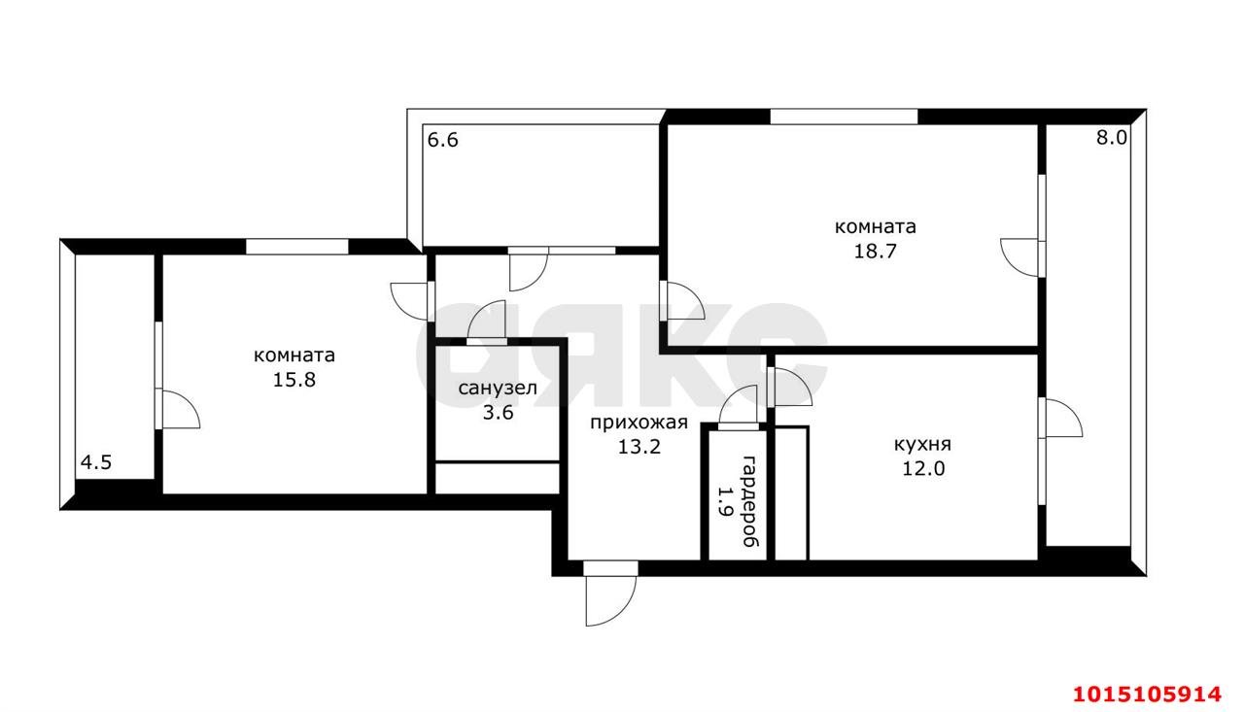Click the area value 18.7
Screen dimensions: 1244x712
click(876, 252)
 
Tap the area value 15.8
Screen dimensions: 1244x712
click(294, 380)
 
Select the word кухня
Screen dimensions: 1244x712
click(922, 444)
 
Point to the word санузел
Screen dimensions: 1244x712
click(498, 388)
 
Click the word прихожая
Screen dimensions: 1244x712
click(639, 423)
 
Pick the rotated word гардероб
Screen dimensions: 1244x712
click(751, 501)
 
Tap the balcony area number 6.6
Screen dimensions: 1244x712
click(442, 140)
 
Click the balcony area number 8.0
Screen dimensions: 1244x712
click(1111, 138)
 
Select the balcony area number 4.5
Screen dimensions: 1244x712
click(96, 462)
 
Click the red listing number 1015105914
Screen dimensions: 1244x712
click(1148, 695)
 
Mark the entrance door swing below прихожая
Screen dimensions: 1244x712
click(610, 600)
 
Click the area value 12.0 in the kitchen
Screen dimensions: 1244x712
click(923, 469)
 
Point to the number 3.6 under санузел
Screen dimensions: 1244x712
click(498, 413)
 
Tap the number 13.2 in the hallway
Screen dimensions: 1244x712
click(639, 447)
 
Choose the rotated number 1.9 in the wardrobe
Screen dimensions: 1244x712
click(724, 501)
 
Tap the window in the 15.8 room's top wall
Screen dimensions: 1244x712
click(297, 247)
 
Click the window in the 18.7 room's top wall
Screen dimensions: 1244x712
click(844, 117)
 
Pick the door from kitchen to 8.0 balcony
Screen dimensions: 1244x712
click(1060, 418)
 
